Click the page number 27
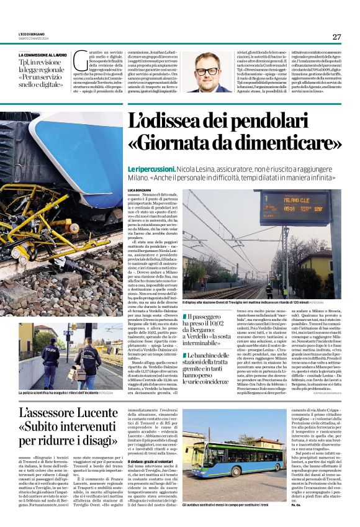pyautogui.click(x=336, y=37)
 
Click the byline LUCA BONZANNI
pyautogui.click(x=139, y=189)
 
